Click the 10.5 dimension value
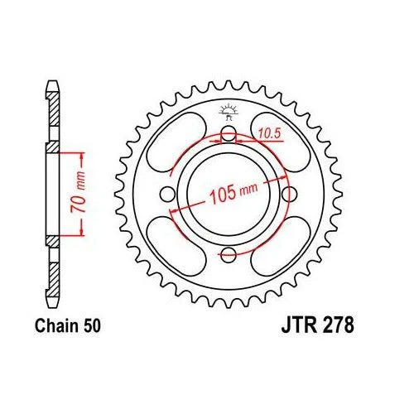pos(270,134)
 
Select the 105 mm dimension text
pos(233,192)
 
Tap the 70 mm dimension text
pos(78,192)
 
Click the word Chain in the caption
pos(57,325)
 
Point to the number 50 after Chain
pos(92,326)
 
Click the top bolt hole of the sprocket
pos(229,133)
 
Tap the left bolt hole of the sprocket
pos(167,194)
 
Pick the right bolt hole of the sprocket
pos(289,194)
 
